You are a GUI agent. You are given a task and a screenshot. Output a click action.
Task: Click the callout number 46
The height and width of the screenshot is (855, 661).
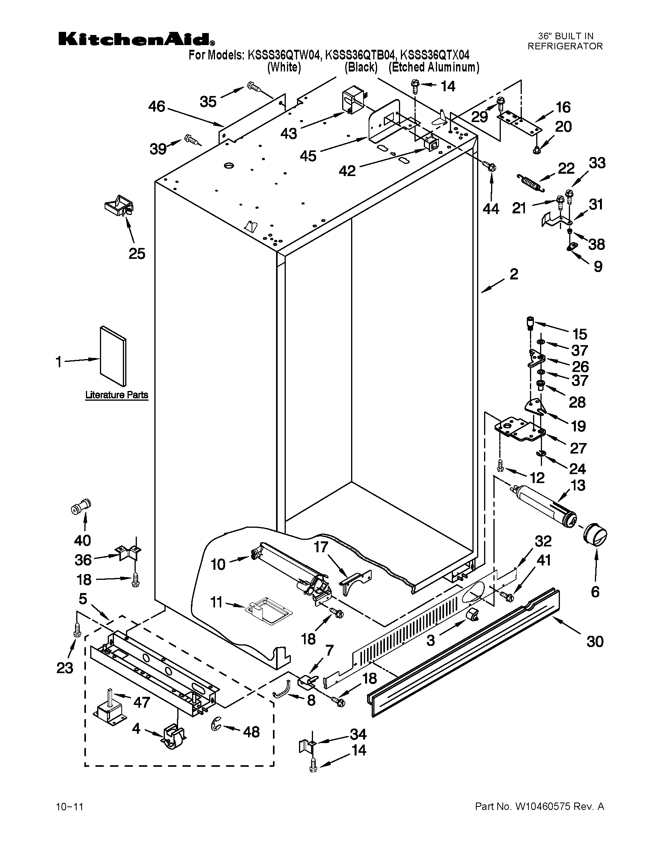pyautogui.click(x=157, y=106)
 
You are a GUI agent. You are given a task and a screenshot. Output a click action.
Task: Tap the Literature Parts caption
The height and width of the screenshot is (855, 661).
pyautogui.click(x=117, y=395)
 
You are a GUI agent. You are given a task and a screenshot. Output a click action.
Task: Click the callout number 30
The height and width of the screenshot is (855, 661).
pyautogui.click(x=595, y=642)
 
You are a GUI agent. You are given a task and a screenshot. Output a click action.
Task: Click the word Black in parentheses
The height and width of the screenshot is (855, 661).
pyautogui.click(x=361, y=68)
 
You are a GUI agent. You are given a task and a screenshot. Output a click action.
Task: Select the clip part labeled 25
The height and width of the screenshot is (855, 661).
pyautogui.click(x=119, y=205)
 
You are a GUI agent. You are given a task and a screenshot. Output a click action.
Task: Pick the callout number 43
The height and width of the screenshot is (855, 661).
pyautogui.click(x=289, y=134)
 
